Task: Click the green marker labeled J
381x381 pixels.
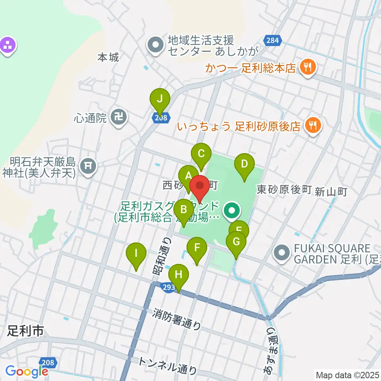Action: (160, 99)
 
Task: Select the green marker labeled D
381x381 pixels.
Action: (244, 164)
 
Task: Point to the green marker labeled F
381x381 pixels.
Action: (197, 248)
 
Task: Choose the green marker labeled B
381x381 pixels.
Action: (183, 210)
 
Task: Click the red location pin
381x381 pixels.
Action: (200, 186)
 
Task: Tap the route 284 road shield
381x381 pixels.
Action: (272, 40)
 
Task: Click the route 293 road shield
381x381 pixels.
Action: (168, 287)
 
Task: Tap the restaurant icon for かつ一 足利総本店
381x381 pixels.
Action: (308, 66)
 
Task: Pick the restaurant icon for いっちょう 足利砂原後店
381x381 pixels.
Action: (313, 125)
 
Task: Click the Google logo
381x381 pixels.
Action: (27, 371)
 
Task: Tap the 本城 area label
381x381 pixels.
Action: (108, 58)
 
